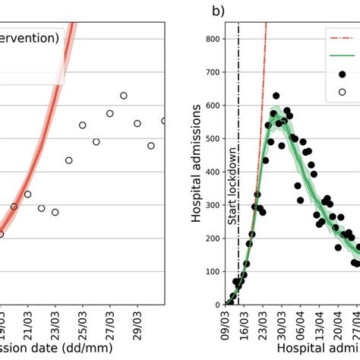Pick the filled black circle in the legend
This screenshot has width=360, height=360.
click(343, 74)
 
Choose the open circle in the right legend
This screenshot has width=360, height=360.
click(343, 92)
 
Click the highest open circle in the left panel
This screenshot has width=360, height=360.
click(123, 96)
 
